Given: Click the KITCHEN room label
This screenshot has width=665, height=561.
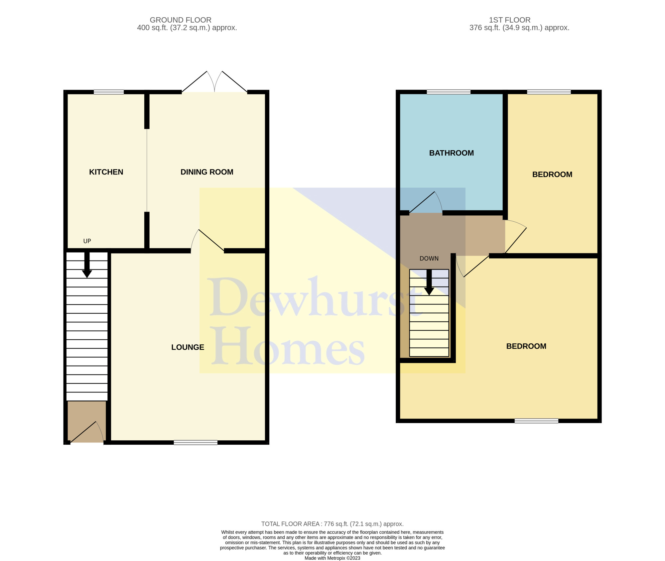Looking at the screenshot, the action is pyautogui.click(x=106, y=172).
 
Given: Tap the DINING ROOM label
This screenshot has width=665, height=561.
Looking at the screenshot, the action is pyautogui.click(x=207, y=172).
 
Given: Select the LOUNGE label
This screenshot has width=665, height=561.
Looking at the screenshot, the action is pyautogui.click(x=188, y=347).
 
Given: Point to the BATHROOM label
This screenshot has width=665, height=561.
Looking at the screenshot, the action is pyautogui.click(x=451, y=153).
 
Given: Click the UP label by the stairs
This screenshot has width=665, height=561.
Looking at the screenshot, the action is pyautogui.click(x=87, y=241).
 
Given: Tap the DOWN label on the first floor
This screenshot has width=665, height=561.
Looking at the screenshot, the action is pyautogui.click(x=429, y=258).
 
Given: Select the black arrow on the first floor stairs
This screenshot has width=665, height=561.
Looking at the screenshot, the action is pyautogui.click(x=429, y=282).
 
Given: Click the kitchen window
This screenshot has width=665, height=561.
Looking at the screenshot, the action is pyautogui.click(x=109, y=92).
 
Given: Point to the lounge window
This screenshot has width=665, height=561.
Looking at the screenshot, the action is pyautogui.click(x=196, y=442).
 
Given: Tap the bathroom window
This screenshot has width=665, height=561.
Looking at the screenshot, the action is pyautogui.click(x=449, y=92).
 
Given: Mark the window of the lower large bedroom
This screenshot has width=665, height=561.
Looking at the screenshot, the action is pyautogui.click(x=536, y=421).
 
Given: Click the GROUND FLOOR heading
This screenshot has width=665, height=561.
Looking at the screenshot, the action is pyautogui.click(x=181, y=20).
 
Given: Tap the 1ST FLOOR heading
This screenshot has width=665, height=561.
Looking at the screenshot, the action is pyautogui.click(x=510, y=20).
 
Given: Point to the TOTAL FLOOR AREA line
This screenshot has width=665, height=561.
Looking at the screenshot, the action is pyautogui.click(x=332, y=524).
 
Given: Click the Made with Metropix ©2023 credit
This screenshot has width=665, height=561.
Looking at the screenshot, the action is pyautogui.click(x=332, y=558).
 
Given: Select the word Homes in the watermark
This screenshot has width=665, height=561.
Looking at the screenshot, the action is pyautogui.click(x=288, y=346).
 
